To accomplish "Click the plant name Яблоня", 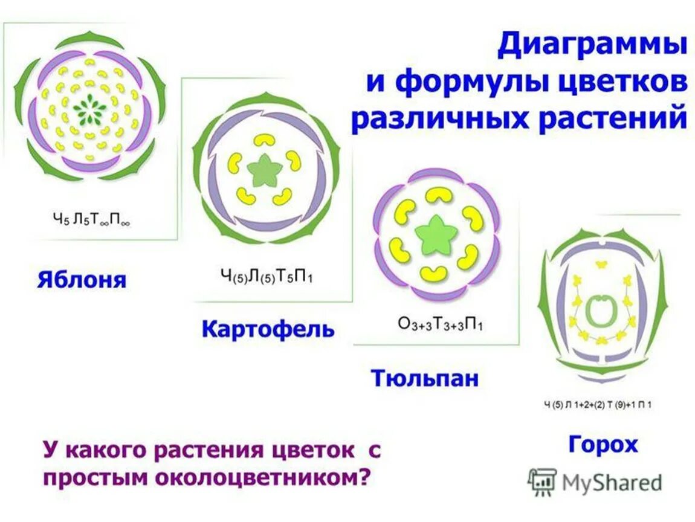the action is (82, 280).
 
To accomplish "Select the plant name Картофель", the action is (268, 330).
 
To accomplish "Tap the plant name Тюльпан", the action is (425, 378).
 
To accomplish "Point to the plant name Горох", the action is (603, 445).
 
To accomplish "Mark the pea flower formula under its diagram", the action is (598, 405).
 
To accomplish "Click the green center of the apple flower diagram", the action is (92, 109).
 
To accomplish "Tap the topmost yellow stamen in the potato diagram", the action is (265, 139).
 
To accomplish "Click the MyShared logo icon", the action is (541, 482).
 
